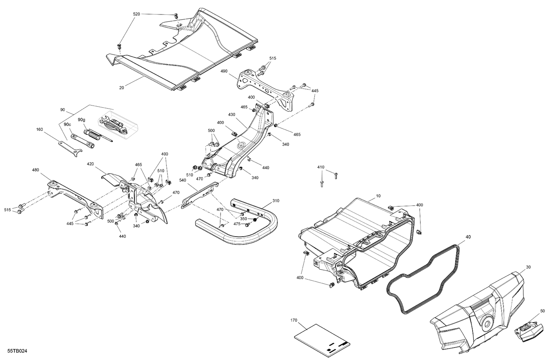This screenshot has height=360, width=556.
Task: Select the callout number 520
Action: [136, 14]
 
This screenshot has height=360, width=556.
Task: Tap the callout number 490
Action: [224, 71]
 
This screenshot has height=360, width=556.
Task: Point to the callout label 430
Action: [232, 115]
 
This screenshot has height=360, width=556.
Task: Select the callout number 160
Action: [39, 129]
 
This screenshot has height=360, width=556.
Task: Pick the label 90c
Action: [67, 124]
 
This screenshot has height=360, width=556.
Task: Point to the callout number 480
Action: [35, 170]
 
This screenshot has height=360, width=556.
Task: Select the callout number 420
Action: [90, 164]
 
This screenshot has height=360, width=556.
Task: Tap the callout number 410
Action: [321, 167]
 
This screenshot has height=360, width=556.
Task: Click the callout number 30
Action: [528, 267]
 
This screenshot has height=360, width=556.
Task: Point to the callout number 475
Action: [237, 224]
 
